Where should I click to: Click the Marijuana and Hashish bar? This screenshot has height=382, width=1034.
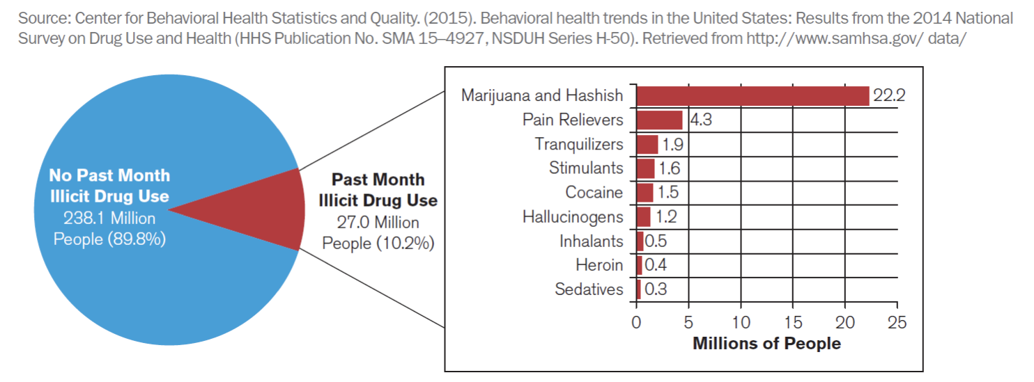753,96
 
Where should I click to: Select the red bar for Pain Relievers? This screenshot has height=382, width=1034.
659,120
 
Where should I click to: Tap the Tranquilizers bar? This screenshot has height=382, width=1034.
647,144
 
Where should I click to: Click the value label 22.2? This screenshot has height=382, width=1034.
888,96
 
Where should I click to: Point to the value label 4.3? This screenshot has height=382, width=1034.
701,120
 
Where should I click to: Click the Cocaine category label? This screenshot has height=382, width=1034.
594,192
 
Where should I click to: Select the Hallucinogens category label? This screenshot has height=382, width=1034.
573,216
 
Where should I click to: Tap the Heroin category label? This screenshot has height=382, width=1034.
599,265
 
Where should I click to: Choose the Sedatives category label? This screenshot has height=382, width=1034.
589,289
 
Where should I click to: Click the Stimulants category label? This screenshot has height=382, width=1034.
586,168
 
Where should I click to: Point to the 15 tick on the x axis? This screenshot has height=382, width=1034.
793,323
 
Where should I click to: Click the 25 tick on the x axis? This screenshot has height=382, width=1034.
897,323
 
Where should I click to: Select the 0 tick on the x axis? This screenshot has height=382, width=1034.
635,323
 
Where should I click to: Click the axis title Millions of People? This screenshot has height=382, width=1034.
766,344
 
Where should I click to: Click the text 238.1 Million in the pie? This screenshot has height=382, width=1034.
109,218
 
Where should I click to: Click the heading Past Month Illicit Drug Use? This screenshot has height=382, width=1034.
378,190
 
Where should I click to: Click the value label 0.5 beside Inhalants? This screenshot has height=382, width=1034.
655,241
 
